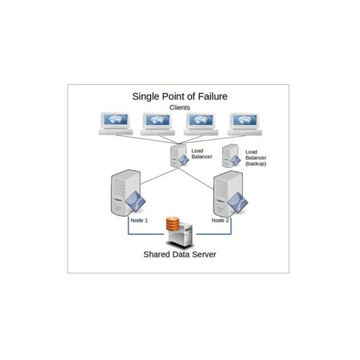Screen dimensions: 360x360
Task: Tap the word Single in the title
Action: [146, 96]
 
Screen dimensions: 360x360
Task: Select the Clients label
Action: [179, 107]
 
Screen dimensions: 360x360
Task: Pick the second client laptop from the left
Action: [158, 124]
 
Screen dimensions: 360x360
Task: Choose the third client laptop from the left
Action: [202, 124]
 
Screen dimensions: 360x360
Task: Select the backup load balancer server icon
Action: [229, 157]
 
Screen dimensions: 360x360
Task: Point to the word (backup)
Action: [256, 164]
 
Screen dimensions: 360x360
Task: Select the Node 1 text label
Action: [139, 220]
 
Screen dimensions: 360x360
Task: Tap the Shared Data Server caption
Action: [179, 254]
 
